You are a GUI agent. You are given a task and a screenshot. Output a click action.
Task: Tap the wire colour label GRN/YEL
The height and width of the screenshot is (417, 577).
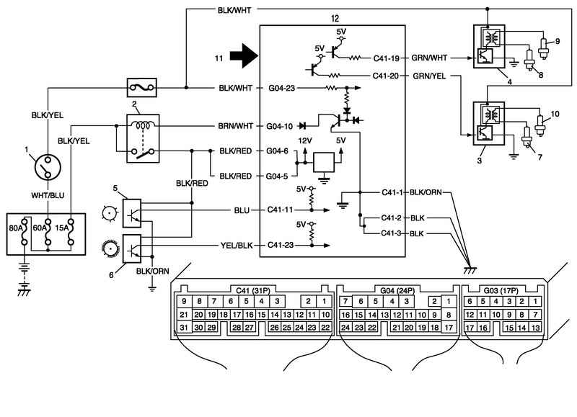[430, 76]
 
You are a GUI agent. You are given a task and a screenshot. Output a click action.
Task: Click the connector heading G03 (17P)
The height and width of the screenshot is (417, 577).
[502, 286]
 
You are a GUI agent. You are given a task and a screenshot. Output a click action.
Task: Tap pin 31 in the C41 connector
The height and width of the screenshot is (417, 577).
[184, 328]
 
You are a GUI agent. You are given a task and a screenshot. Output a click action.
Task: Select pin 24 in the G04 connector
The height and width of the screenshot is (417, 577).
[346, 328]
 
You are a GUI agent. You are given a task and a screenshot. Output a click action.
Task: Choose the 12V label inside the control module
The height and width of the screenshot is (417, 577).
[307, 140]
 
